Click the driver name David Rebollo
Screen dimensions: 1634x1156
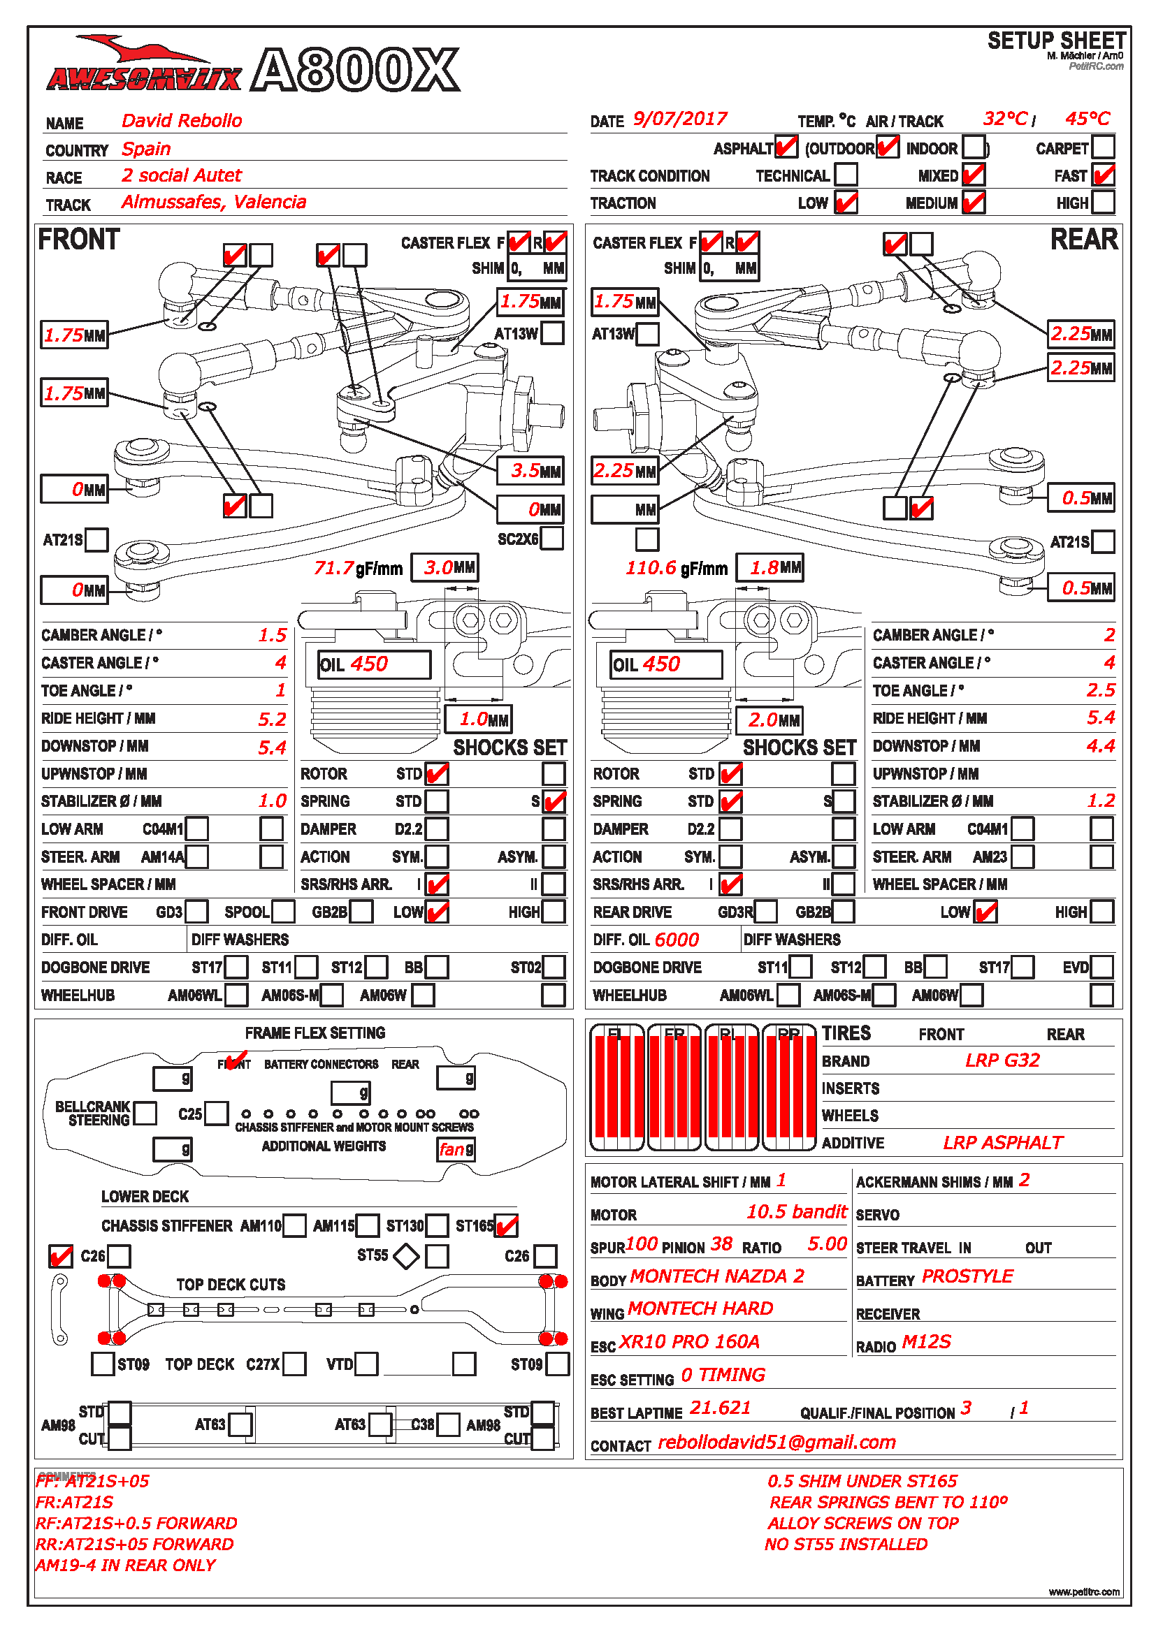coord(182,121)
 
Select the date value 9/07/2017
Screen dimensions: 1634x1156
coord(680,119)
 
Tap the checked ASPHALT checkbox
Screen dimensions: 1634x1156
coord(786,147)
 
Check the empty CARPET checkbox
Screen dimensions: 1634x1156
coord(1103,147)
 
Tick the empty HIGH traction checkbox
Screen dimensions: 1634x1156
coord(1103,203)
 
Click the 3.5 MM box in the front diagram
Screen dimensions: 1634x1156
coord(530,470)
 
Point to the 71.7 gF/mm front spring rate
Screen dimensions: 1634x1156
coord(335,568)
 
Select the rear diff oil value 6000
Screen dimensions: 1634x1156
coord(677,940)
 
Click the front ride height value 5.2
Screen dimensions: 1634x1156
coord(272,720)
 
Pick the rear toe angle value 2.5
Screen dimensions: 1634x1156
coord(1101,690)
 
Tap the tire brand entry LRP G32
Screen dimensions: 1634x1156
coord(1002,1060)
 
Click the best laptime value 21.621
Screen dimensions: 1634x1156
coord(721,1408)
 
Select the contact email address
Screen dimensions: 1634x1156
coord(776,1442)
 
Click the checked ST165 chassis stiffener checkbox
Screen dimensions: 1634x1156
coord(506,1225)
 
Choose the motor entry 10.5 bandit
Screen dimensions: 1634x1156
coord(796,1212)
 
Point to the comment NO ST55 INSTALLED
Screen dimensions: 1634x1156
coord(846,1545)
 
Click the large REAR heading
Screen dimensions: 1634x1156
coord(1083,240)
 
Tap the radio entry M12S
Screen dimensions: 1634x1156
coord(926,1342)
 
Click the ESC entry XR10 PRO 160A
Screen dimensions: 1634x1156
coord(689,1342)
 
